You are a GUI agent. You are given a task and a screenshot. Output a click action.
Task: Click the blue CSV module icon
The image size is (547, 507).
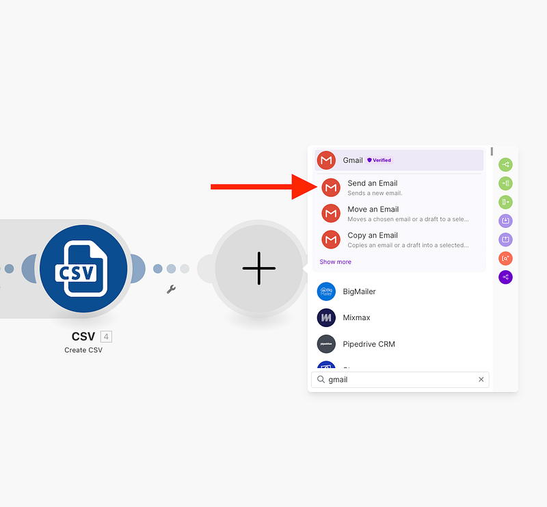point(83,268)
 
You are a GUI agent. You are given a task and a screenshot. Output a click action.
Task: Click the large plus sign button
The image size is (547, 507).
point(259,268)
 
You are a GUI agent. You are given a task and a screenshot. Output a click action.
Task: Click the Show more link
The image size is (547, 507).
point(335,262)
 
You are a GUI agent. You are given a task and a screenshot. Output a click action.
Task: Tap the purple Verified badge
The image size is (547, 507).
point(379,160)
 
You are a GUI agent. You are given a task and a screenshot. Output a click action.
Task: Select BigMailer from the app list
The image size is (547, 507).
point(359,291)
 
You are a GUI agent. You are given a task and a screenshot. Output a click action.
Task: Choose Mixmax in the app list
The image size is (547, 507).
point(356,317)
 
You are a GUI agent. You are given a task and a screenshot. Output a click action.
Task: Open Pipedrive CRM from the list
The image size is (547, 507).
point(369,344)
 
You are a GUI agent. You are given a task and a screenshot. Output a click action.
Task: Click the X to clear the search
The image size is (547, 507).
point(481,380)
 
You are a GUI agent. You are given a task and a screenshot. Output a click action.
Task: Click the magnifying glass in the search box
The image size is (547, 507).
point(321,380)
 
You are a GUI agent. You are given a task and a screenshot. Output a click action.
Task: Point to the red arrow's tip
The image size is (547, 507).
point(317,187)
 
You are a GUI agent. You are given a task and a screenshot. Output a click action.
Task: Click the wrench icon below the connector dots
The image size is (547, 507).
point(171,289)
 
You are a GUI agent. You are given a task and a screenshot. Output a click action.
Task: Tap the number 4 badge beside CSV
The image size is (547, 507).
point(106,337)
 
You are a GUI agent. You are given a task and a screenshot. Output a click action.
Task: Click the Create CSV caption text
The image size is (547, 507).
point(83,350)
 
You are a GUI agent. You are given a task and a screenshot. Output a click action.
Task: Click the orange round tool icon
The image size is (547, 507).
point(505,259)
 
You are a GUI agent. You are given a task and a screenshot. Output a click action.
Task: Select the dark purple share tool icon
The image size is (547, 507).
point(505,277)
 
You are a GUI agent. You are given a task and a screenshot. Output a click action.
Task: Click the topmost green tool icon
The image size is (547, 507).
point(505,164)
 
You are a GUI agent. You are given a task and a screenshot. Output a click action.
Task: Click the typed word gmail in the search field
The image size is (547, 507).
point(338,380)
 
